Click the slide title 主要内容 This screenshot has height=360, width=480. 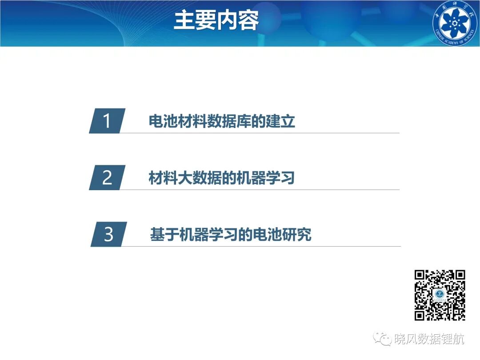point(216,20)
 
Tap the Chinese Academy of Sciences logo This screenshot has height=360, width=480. point(455,23)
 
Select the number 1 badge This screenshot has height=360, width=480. point(107,120)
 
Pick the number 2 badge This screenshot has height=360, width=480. point(107,177)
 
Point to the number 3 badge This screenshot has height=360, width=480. point(109,234)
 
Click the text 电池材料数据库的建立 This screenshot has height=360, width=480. point(222,121)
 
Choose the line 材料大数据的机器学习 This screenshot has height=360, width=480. point(222,177)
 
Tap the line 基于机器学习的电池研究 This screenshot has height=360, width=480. point(231,235)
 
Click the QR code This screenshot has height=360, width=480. point(440,295)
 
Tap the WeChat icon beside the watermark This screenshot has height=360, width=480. point(382,338)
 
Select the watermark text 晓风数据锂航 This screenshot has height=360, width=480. point(429,339)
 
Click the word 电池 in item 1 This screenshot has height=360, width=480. point(163,121)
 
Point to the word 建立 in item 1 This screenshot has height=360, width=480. point(280,121)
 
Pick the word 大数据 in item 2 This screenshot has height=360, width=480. point(200,177)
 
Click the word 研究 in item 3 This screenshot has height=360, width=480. point(296,235)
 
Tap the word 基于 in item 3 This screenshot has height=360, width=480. point(165,235)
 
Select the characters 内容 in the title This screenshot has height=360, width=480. point(238,20)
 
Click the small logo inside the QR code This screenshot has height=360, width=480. point(440,295)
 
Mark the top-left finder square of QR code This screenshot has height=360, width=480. point(420,275)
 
